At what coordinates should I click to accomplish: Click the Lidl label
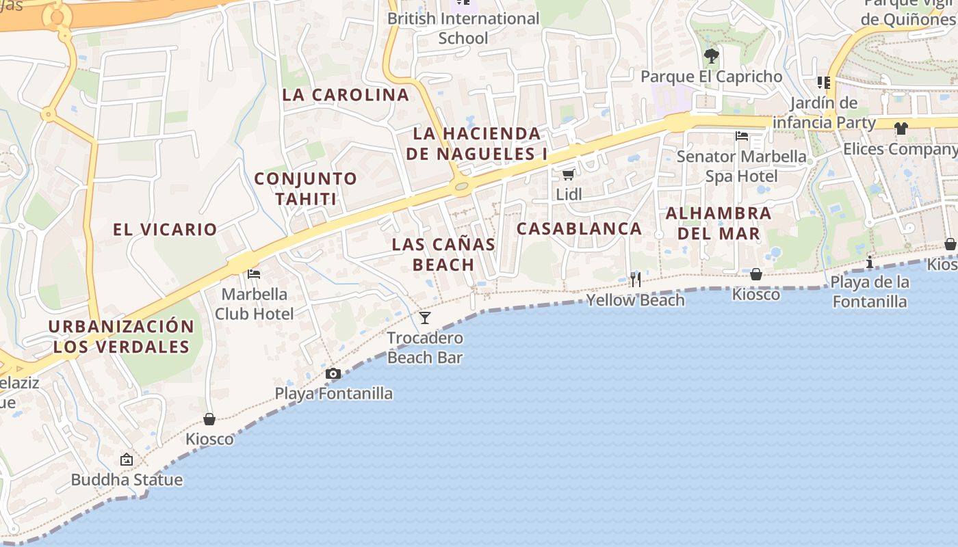point(569,195)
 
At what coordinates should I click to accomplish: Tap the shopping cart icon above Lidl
point(568,175)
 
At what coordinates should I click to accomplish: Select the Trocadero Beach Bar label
point(425,347)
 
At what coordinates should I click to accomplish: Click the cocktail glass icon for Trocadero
point(425,318)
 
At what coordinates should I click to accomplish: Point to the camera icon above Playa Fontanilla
point(333,373)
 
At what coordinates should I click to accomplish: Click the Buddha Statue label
point(127,479)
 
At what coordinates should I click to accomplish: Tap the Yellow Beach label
point(635,299)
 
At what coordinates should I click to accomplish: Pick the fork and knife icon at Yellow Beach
point(636,279)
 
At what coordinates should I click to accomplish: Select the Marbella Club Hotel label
point(254,304)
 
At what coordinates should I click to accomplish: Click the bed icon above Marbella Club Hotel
point(254,274)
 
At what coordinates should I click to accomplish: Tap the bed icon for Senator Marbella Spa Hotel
point(742,136)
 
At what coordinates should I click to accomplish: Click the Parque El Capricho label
point(711,77)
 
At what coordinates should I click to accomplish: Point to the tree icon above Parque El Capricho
point(711,55)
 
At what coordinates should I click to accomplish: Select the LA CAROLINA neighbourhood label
point(346,95)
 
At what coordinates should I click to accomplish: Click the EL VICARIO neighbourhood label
point(165,229)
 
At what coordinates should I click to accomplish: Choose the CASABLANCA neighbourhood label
point(579,228)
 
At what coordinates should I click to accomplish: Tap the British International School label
point(463,28)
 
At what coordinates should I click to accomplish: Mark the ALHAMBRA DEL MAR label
point(718,224)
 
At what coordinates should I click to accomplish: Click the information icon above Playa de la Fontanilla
point(870,262)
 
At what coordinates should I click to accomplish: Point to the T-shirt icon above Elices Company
point(901,128)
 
